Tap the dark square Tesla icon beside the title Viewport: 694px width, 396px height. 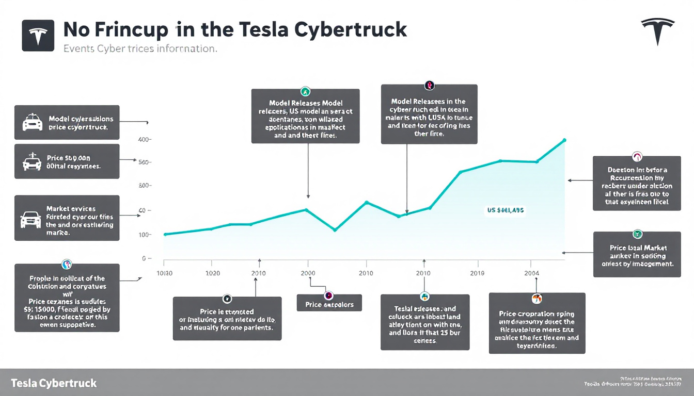tap(38, 36)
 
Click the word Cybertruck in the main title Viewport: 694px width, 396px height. tap(351, 30)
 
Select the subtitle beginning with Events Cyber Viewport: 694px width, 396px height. tap(139, 49)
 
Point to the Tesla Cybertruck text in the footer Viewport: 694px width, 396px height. tap(53, 384)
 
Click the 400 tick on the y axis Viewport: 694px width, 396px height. tap(144, 140)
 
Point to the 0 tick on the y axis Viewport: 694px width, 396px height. tap(145, 258)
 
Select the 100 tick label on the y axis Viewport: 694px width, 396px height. tap(144, 235)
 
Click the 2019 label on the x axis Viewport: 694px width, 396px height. tap(478, 273)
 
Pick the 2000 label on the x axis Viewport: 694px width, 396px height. tap(308, 273)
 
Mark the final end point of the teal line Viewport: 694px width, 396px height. tap(564, 140)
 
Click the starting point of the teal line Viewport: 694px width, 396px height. tap(165, 235)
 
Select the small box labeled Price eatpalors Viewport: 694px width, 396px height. tap(329, 304)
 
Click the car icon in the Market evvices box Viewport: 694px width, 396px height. tap(30, 219)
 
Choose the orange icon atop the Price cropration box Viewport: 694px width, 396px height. tap(537, 299)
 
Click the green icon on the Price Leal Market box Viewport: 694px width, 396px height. tap(637, 234)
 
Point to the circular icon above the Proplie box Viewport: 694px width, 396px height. tap(66, 264)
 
